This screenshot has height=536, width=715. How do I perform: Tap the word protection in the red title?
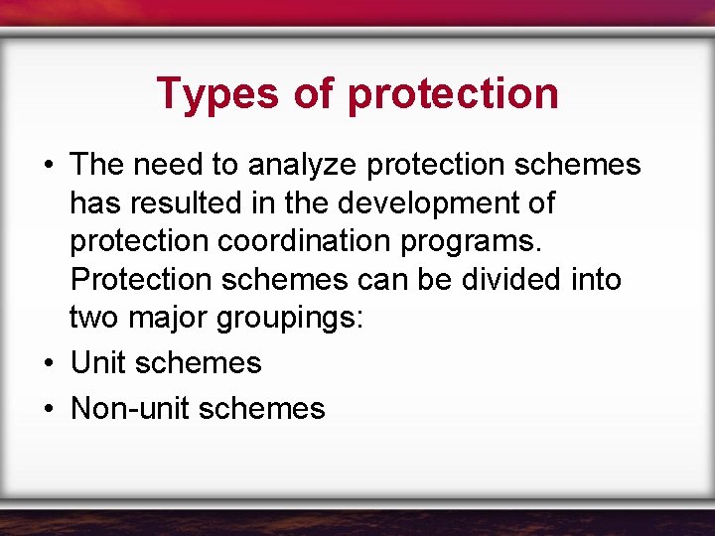[454, 94]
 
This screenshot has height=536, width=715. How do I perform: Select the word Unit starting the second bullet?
[97, 363]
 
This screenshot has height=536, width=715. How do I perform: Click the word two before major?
[92, 318]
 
